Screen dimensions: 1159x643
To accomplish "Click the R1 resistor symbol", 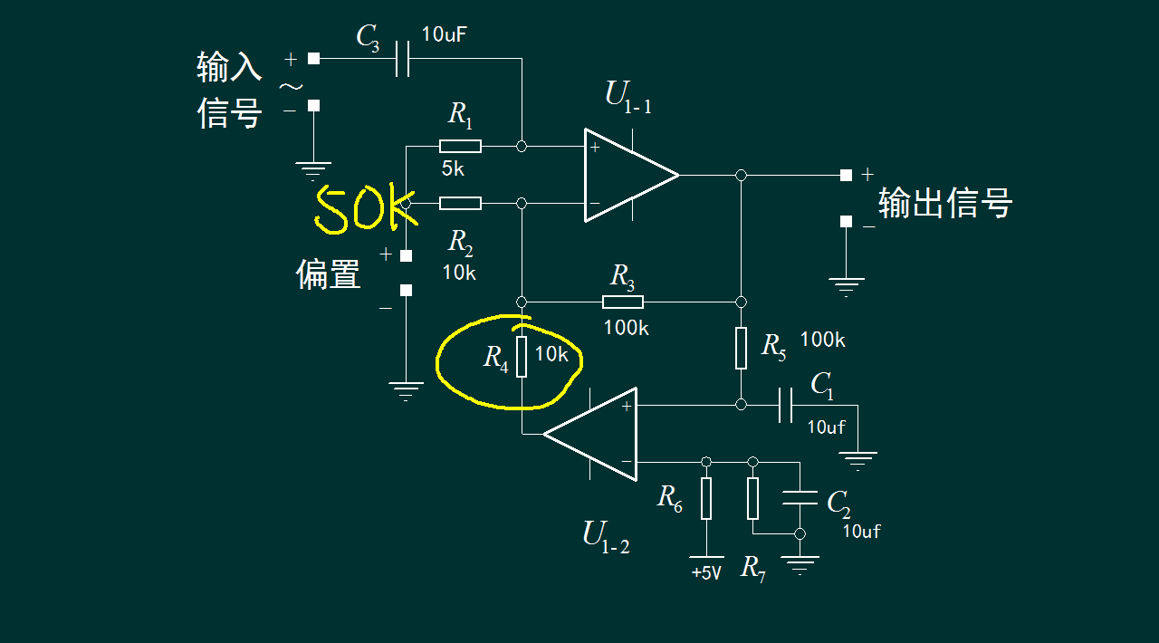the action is click(x=460, y=146).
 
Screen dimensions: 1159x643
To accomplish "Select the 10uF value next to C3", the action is click(x=445, y=35).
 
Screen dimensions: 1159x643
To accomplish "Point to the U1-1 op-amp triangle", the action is click(x=630, y=175).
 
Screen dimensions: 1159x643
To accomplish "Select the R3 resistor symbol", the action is click(x=623, y=302).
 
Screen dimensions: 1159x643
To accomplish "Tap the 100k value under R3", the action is click(x=626, y=328).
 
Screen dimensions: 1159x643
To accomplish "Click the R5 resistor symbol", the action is click(x=741, y=349).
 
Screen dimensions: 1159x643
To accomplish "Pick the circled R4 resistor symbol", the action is click(x=522, y=356).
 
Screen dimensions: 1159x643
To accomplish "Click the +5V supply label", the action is click(x=706, y=573).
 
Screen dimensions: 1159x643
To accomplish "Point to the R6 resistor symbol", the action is click(x=706, y=499).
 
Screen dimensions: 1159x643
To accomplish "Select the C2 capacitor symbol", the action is click(x=799, y=498).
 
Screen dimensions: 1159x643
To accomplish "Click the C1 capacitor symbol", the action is click(x=785, y=405).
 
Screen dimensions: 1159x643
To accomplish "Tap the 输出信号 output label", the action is click(x=944, y=203).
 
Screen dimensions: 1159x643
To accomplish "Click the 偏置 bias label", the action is click(x=328, y=273).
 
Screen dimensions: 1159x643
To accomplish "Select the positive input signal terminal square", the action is click(x=313, y=59).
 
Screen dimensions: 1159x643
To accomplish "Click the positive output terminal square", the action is click(x=846, y=175).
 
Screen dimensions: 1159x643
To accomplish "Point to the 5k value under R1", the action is click(x=454, y=168).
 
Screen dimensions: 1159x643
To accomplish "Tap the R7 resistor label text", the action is click(x=753, y=569).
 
